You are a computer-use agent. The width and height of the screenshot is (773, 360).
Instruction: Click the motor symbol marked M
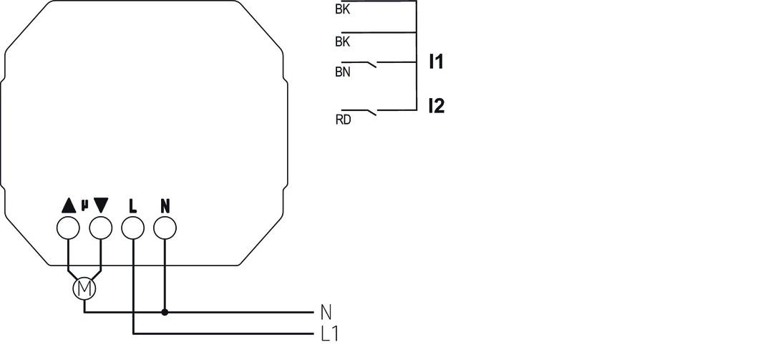click(x=84, y=288)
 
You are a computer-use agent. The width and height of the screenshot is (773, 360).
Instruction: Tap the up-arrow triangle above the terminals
click(x=68, y=205)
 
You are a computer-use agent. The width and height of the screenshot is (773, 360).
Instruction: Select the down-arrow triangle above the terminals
click(x=101, y=205)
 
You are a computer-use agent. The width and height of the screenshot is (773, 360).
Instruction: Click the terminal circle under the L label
click(x=133, y=228)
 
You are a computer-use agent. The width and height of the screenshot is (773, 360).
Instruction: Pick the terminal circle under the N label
click(x=165, y=228)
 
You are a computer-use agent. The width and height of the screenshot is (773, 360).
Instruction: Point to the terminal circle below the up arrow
click(x=68, y=228)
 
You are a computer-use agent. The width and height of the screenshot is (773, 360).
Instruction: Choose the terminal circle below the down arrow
click(x=101, y=228)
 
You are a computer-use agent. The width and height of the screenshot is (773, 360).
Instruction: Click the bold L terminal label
click(x=133, y=206)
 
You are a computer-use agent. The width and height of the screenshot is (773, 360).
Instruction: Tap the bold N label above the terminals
click(x=165, y=206)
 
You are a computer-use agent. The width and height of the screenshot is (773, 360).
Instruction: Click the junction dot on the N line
click(x=165, y=312)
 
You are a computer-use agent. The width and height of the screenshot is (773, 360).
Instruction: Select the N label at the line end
click(x=326, y=312)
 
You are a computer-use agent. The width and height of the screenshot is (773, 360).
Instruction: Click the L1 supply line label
click(x=330, y=334)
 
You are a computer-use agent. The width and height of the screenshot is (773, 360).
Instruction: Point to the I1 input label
click(x=436, y=62)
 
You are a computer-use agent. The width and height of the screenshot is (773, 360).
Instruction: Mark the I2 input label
click(x=436, y=107)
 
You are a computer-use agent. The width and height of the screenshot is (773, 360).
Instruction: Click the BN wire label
click(x=342, y=72)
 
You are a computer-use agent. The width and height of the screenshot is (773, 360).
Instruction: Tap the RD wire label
click(x=343, y=120)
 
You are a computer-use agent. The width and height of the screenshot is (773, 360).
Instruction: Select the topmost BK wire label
click(x=342, y=10)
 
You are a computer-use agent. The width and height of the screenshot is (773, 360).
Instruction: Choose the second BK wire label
click(x=342, y=42)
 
